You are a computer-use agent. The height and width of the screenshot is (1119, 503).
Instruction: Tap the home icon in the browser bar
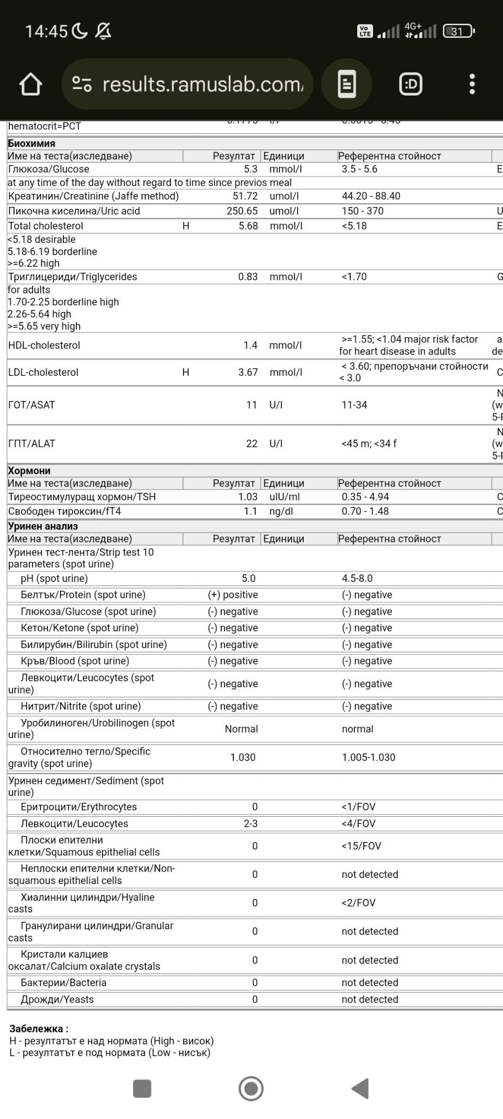[x=31, y=84]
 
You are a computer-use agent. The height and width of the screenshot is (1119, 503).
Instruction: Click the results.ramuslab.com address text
[x=202, y=84]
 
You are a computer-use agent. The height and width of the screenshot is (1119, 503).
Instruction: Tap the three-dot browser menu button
[x=472, y=84]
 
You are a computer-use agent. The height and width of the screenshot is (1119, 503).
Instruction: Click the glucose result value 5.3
[x=251, y=169]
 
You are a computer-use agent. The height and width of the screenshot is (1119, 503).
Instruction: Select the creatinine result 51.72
[x=245, y=196]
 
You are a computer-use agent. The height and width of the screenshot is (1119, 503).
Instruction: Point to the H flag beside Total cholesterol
[x=186, y=226]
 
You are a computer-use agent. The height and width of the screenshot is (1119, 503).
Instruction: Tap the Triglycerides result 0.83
[x=248, y=277]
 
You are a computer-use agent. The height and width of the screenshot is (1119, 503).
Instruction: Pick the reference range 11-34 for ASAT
[x=354, y=405]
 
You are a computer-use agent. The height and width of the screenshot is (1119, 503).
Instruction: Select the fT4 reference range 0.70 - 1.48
[x=365, y=511]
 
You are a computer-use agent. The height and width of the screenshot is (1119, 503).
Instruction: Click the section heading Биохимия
[x=32, y=144]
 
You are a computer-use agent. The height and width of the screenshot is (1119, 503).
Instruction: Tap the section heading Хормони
[x=29, y=471]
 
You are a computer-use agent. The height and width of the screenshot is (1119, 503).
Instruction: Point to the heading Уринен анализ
[x=43, y=527]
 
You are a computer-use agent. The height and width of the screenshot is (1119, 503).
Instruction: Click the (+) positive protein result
[x=233, y=595]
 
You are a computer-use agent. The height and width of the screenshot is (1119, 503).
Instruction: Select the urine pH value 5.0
[x=248, y=579]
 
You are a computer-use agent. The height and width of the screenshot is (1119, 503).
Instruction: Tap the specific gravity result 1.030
[x=243, y=758]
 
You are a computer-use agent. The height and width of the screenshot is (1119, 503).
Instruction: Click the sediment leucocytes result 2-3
[x=251, y=824]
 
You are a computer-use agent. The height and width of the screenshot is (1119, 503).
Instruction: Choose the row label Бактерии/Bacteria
[x=63, y=983]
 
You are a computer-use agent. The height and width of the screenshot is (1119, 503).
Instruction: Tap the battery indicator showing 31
[x=458, y=32]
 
